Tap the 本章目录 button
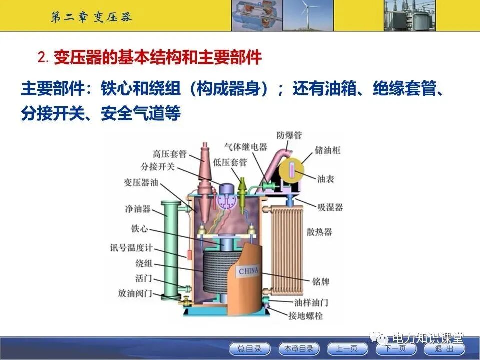299,348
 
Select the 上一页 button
347,348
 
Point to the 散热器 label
319,232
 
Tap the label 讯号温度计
131,247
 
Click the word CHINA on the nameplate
248,271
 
